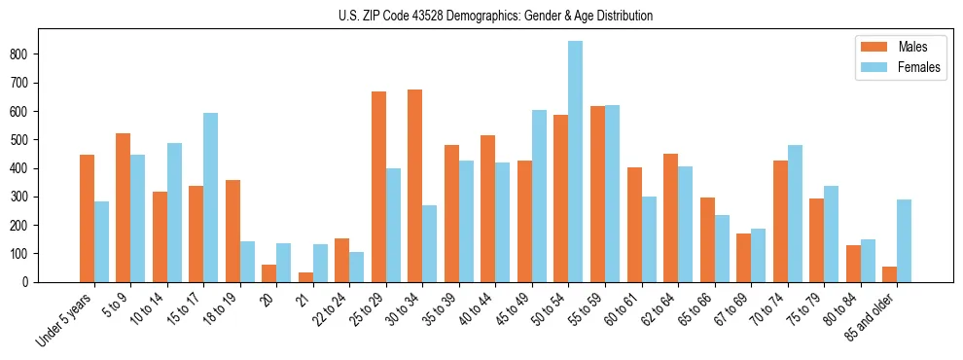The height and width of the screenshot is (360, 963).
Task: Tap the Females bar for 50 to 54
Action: (576, 162)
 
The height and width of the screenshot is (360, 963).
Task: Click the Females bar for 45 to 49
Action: (539, 196)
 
